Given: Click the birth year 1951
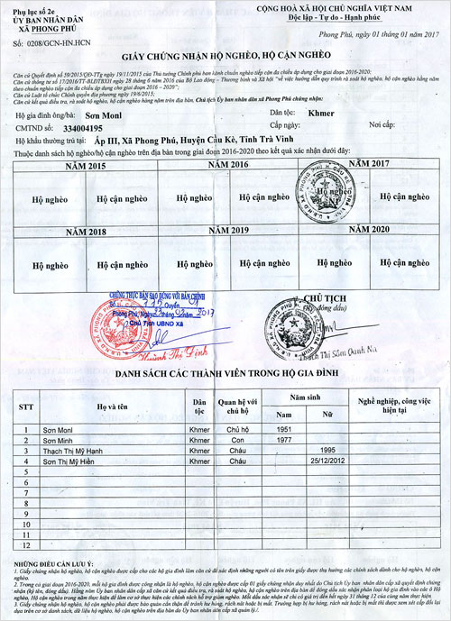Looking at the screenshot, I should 286,430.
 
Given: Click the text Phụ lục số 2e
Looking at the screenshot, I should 32,8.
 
